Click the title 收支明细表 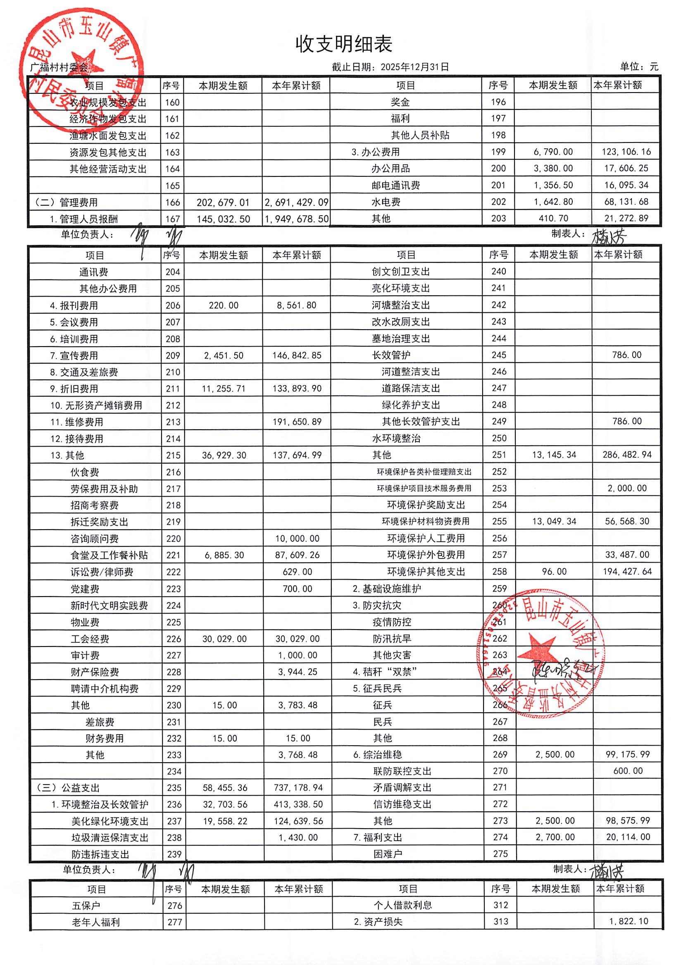click(343, 44)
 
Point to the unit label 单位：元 click(638, 67)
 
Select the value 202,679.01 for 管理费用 click(223, 202)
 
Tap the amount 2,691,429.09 click(296, 202)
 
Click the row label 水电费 click(386, 202)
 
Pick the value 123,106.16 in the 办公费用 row click(626, 152)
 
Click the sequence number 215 click(173, 456)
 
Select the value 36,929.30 click(224, 456)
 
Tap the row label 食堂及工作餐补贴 click(109, 555)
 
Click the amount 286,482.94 click(627, 455)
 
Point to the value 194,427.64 click(627, 572)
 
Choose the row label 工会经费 click(90, 639)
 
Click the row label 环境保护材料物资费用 click(425, 522)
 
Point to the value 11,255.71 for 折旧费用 click(223, 389)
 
